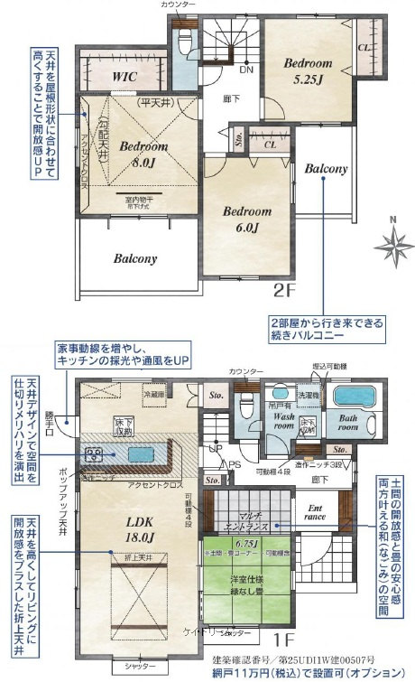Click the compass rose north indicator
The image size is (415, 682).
(x=392, y=240)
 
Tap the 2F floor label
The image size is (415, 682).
(x=284, y=291)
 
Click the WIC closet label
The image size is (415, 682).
(x=124, y=78)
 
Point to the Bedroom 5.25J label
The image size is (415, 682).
(x=308, y=70)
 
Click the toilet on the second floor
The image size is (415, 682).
(x=185, y=41)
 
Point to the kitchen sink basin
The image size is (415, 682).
(x=142, y=453)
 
